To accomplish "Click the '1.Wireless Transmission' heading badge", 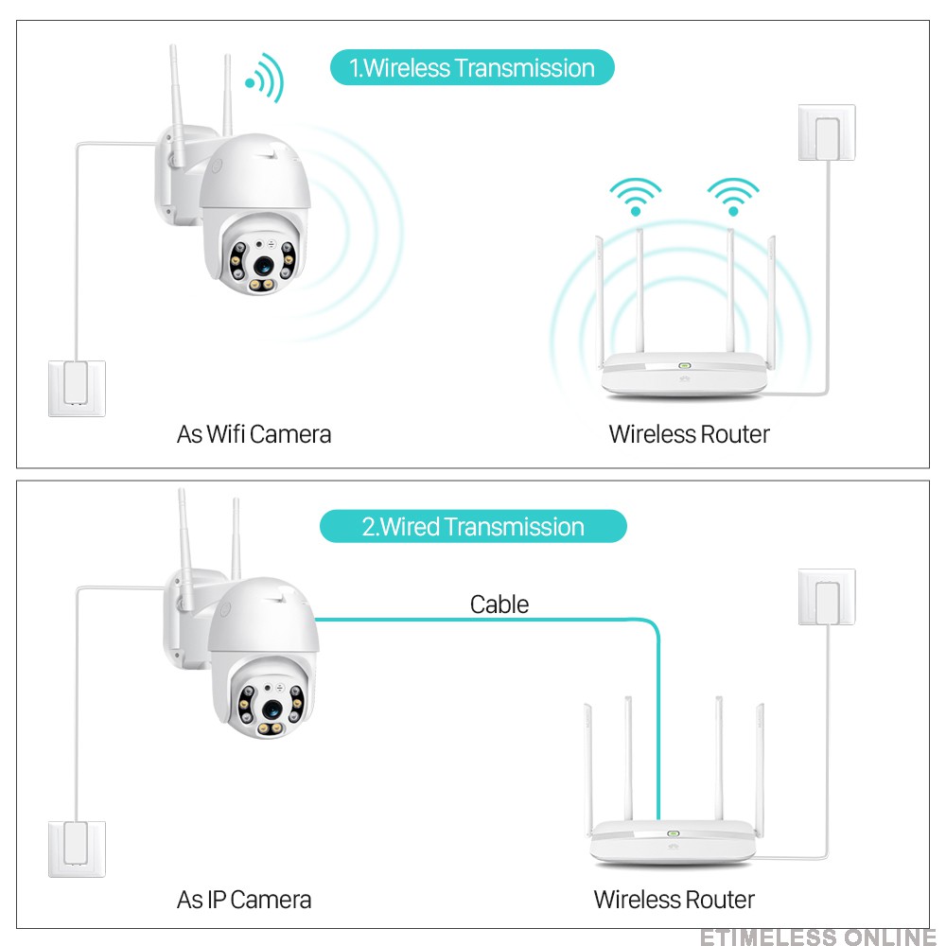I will [472, 68].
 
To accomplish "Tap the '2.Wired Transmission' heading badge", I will [473, 527].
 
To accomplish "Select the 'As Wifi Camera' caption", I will [254, 434].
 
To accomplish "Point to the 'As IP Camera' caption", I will [243, 899].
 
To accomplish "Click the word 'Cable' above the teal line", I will [499, 604].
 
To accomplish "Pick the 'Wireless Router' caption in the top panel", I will [689, 434].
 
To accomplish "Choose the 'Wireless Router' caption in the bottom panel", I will [674, 899].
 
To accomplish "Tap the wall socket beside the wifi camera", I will [77, 388].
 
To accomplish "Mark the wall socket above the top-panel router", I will [827, 132].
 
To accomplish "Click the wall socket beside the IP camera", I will [77, 849].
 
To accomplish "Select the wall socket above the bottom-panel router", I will [827, 597].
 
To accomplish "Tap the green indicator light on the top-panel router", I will [684, 364].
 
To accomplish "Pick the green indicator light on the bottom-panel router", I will [673, 834].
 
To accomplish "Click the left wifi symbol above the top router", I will [635, 196].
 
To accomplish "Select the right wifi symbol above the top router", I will [733, 196].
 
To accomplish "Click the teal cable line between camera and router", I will [492, 620].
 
